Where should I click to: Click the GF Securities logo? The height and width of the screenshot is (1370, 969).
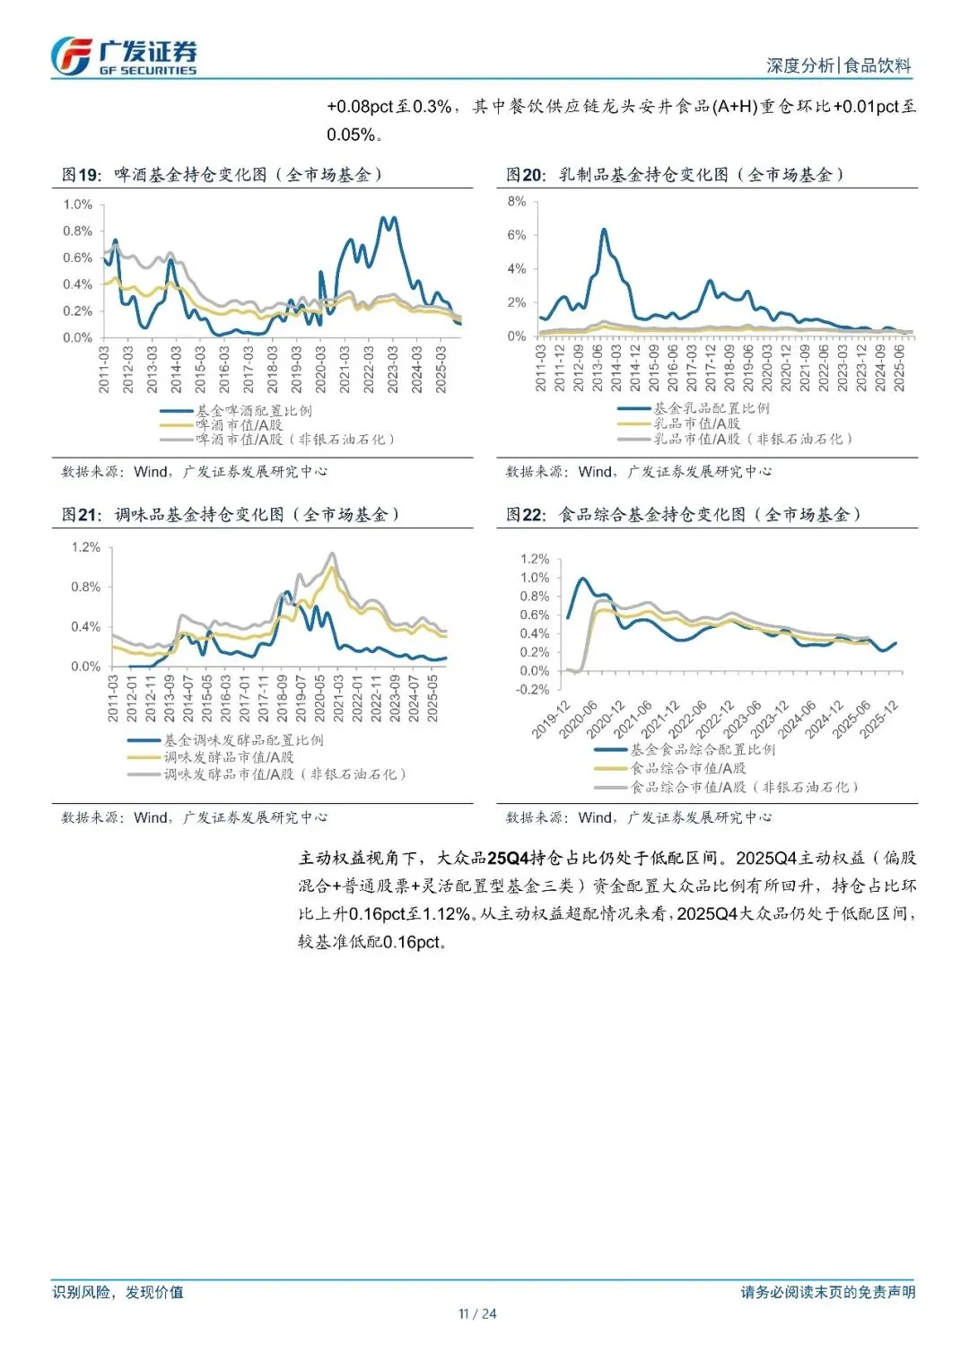(123, 57)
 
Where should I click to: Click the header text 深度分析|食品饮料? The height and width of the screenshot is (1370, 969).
(838, 65)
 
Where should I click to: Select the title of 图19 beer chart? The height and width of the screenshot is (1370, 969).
(223, 175)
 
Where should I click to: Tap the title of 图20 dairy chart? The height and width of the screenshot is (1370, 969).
(675, 175)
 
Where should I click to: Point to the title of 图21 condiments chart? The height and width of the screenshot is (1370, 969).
(231, 515)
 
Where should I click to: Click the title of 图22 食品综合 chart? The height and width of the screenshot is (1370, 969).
(684, 515)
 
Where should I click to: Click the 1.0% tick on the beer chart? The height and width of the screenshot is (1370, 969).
(78, 205)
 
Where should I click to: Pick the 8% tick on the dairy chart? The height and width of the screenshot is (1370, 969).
(517, 202)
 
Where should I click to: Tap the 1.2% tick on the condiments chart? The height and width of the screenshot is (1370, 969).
(86, 547)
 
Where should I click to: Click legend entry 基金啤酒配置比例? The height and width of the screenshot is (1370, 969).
(254, 411)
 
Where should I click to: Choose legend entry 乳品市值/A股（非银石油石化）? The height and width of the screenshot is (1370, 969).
(753, 439)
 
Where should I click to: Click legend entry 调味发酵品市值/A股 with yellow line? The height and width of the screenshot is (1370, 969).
(229, 757)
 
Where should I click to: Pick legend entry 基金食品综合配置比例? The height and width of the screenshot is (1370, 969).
(703, 749)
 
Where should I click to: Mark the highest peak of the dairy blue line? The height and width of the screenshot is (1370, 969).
(604, 231)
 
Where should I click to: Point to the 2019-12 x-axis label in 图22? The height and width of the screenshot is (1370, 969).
(551, 720)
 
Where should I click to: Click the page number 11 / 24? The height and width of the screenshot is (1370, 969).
(477, 1314)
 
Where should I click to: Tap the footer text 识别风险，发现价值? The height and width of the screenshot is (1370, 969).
(118, 1292)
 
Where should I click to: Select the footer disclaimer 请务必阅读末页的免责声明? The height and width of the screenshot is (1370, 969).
(828, 1292)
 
